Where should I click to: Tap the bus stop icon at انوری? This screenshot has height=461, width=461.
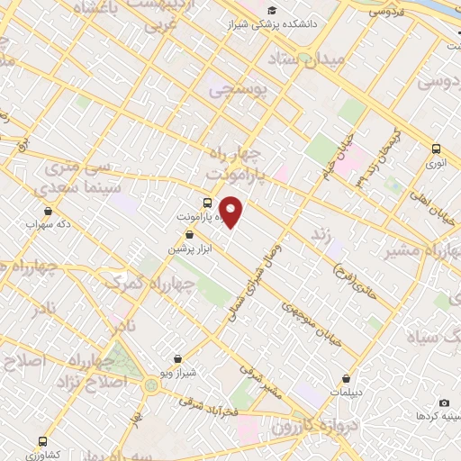436,149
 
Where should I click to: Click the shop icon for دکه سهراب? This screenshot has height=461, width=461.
47,211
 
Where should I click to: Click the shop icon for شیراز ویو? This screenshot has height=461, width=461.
177,358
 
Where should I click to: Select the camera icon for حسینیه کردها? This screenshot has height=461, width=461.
443,402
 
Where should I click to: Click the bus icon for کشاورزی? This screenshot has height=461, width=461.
43,441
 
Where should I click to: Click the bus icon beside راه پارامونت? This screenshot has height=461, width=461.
207,202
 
